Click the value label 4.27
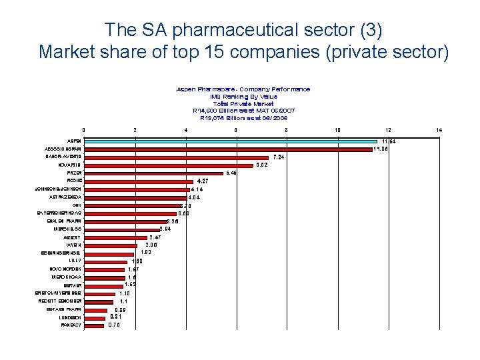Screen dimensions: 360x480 (203, 181)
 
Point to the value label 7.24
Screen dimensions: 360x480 (279, 157)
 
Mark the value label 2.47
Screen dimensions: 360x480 (155, 237)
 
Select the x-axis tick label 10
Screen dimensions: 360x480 (337, 129)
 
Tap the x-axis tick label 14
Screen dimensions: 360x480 (438, 129)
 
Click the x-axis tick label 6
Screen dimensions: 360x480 (236, 129)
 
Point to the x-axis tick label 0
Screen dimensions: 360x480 (83, 129)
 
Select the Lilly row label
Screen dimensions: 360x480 (75, 261)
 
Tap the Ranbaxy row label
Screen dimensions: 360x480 (71, 325)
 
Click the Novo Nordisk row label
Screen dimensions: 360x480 (67, 269)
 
